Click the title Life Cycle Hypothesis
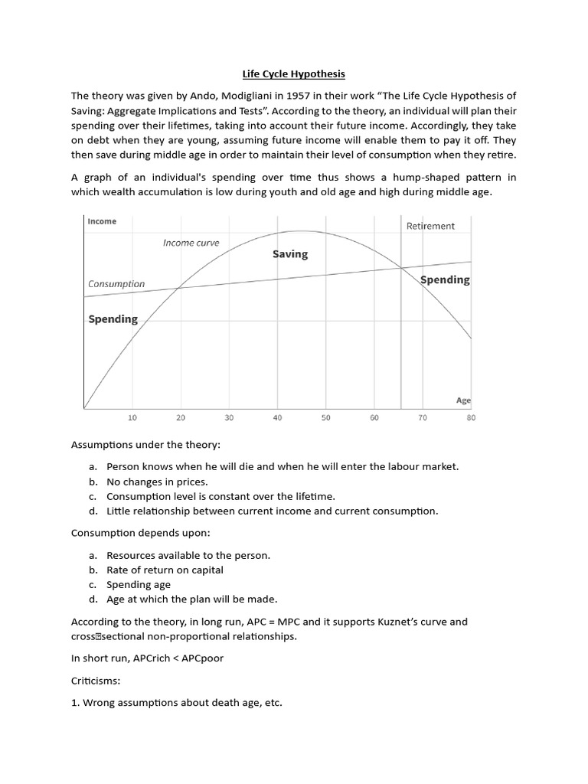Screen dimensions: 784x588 (294, 74)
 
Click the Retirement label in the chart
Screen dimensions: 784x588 (430, 226)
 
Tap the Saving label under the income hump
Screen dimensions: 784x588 (290, 254)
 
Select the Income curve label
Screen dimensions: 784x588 (191, 243)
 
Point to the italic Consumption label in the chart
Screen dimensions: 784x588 (116, 284)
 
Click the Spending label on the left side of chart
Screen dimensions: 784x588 (113, 319)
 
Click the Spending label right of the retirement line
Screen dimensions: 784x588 (446, 280)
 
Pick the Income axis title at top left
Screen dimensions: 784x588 (102, 221)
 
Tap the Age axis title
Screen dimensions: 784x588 (463, 400)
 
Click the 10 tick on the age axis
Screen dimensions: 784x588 (132, 418)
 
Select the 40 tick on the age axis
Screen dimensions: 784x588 (277, 418)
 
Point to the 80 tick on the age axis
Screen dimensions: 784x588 (470, 418)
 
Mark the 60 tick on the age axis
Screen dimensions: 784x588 (374, 418)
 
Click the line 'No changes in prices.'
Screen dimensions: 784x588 (157, 482)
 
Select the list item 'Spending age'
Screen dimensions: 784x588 (139, 585)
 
